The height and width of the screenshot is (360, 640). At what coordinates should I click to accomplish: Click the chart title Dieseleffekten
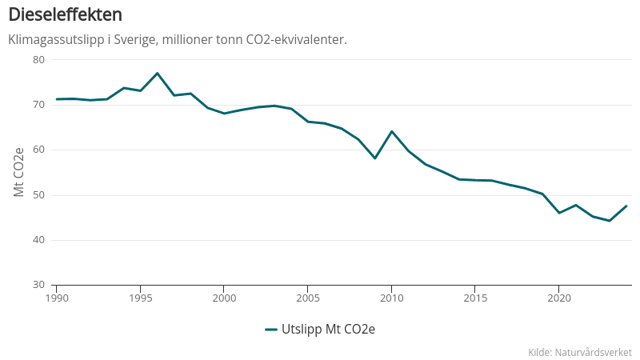tap(65, 15)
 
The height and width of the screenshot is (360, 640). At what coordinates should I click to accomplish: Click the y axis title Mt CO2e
tap(19, 172)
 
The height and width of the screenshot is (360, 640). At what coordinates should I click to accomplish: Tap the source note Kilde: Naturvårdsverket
tap(580, 352)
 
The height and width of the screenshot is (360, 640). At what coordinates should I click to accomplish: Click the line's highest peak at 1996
tap(157, 73)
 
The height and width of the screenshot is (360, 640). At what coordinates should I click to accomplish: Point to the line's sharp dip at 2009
tap(374, 158)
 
